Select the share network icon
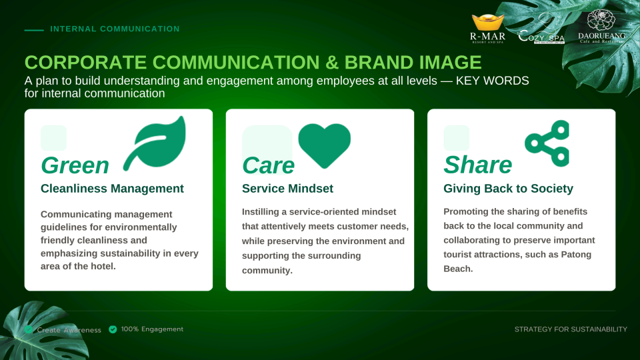click(547, 143)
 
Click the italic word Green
click(75, 165)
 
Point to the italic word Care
click(268, 165)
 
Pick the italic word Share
click(477, 165)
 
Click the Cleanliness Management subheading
click(112, 189)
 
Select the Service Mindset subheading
click(287, 189)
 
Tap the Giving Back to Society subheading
click(508, 189)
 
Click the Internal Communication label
click(115, 29)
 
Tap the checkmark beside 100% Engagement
click(113, 329)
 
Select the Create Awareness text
click(69, 330)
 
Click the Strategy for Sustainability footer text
click(571, 329)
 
